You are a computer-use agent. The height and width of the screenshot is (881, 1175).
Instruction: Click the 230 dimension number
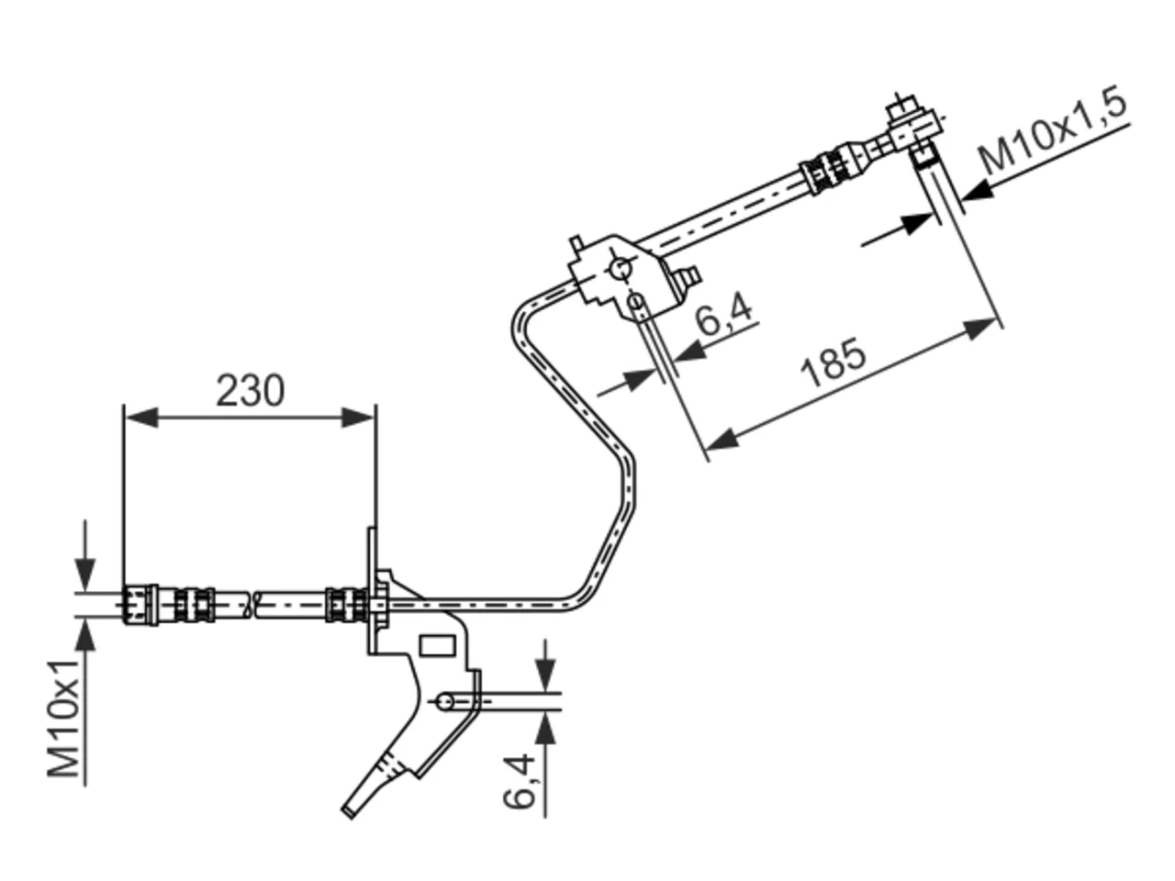pyautogui.click(x=250, y=391)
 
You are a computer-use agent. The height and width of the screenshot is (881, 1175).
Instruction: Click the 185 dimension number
pyautogui.click(x=833, y=362)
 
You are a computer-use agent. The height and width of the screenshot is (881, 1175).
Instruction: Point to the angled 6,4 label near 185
pyautogui.click(x=723, y=314)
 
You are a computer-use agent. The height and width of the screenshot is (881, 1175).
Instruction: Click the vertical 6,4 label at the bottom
pyautogui.click(x=520, y=780)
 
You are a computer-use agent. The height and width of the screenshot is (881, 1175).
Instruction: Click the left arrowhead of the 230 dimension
pyautogui.click(x=142, y=418)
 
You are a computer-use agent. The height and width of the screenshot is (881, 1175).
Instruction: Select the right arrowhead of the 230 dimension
pyautogui.click(x=358, y=418)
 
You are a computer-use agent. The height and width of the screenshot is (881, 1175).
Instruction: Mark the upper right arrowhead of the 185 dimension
pyautogui.click(x=981, y=329)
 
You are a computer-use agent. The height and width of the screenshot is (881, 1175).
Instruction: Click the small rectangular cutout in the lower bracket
pyautogui.click(x=437, y=646)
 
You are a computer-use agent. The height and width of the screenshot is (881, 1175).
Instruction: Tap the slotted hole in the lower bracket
pyautogui.click(x=457, y=701)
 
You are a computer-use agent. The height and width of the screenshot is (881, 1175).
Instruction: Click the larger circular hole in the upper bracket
pyautogui.click(x=621, y=269)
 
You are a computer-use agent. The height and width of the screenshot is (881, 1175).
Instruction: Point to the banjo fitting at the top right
pyautogui.click(x=913, y=127)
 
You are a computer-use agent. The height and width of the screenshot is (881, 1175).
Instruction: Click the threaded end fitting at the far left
pyautogui.click(x=140, y=605)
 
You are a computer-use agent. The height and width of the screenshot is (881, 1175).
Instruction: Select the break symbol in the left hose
pyautogui.click(x=252, y=605)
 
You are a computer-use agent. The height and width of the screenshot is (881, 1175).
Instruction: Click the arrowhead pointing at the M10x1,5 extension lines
pyautogui.click(x=978, y=191)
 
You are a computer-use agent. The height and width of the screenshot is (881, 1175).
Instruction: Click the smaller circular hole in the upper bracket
pyautogui.click(x=636, y=302)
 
